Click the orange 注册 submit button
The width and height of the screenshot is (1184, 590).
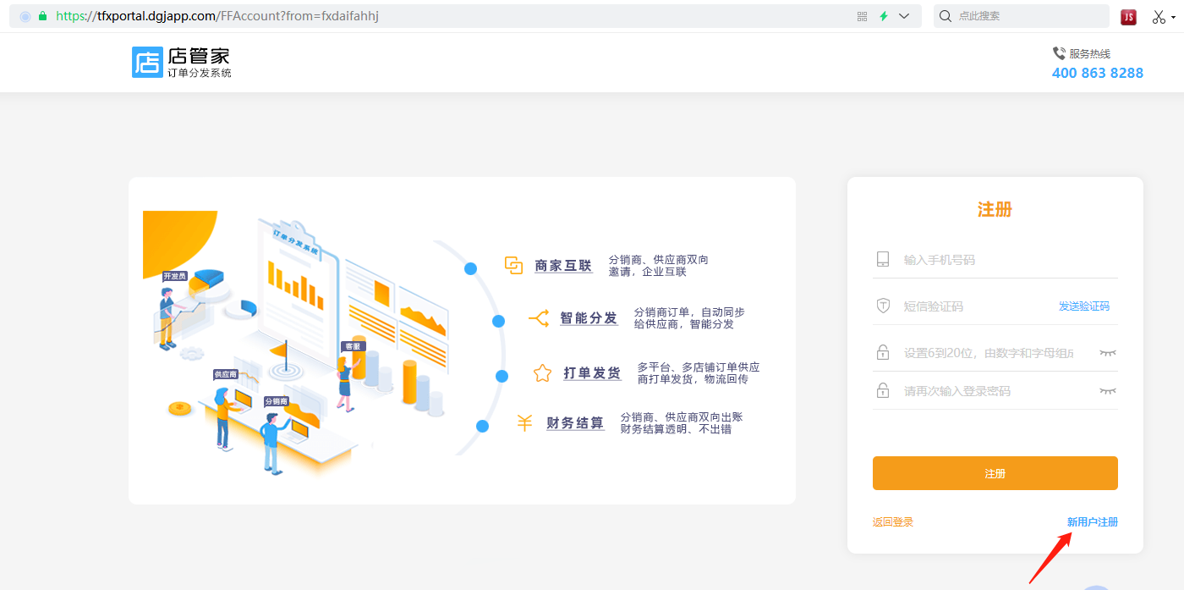pyautogui.click(x=995, y=473)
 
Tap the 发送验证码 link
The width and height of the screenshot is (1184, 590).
pyautogui.click(x=1083, y=306)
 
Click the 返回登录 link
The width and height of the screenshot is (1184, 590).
pyautogui.click(x=892, y=522)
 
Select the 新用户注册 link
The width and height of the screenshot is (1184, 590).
pyautogui.click(x=1092, y=522)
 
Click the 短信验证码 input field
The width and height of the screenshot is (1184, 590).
pyautogui.click(x=964, y=306)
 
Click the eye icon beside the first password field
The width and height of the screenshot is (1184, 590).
pyautogui.click(x=1107, y=352)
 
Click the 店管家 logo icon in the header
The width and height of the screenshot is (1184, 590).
pyautogui.click(x=147, y=62)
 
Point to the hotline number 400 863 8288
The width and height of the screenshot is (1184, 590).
pyautogui.click(x=1097, y=73)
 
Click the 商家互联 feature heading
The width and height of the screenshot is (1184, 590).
pyautogui.click(x=563, y=266)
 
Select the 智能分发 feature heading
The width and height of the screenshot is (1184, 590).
pyautogui.click(x=589, y=318)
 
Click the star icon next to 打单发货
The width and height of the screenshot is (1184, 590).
pyautogui.click(x=542, y=373)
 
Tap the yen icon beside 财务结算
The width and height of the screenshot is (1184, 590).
pyautogui.click(x=524, y=422)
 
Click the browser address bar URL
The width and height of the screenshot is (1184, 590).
pyautogui.click(x=216, y=16)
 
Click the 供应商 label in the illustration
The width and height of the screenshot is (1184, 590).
pyautogui.click(x=225, y=374)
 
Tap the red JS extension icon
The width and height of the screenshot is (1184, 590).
pyautogui.click(x=1128, y=17)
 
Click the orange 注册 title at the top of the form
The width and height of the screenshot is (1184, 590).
pyautogui.click(x=995, y=210)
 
